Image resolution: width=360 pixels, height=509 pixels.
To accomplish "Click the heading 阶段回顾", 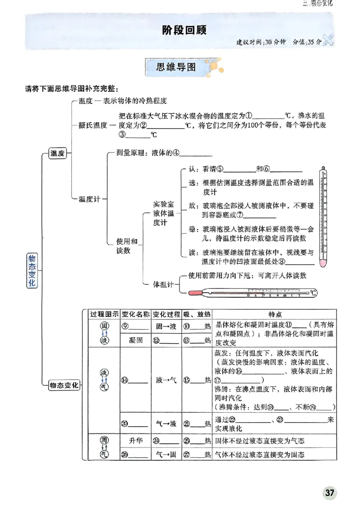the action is pyautogui.click(x=180, y=30).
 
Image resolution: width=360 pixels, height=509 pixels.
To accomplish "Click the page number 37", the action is pyautogui.click(x=330, y=493).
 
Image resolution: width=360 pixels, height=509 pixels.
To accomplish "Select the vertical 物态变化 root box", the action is pyautogui.click(x=32, y=270).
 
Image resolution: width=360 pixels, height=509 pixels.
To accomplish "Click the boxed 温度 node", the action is pyautogui.click(x=58, y=154).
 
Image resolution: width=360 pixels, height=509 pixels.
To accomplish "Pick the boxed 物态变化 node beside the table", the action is pyautogui.click(x=64, y=385).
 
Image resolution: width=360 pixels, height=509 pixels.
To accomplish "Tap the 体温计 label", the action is pyautogui.click(x=162, y=285).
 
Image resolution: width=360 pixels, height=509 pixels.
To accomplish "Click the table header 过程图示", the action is pyautogui.click(x=104, y=314).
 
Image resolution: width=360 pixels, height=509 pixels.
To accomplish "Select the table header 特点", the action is pyautogui.click(x=275, y=314).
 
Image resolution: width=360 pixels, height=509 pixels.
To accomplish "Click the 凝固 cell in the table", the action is pyautogui.click(x=135, y=340).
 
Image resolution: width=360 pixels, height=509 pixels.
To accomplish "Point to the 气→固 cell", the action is pyautogui.click(x=166, y=455).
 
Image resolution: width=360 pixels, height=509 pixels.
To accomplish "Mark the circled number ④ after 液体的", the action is pyautogui.click(x=176, y=153).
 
